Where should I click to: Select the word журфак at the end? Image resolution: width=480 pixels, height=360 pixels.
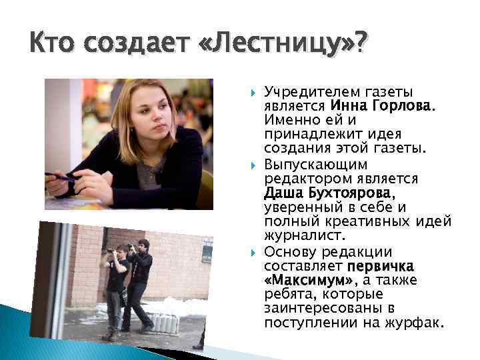coord(417,323)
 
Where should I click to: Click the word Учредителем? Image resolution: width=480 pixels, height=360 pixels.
coord(311,91)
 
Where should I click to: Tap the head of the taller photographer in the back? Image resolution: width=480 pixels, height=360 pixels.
coord(143,245)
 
